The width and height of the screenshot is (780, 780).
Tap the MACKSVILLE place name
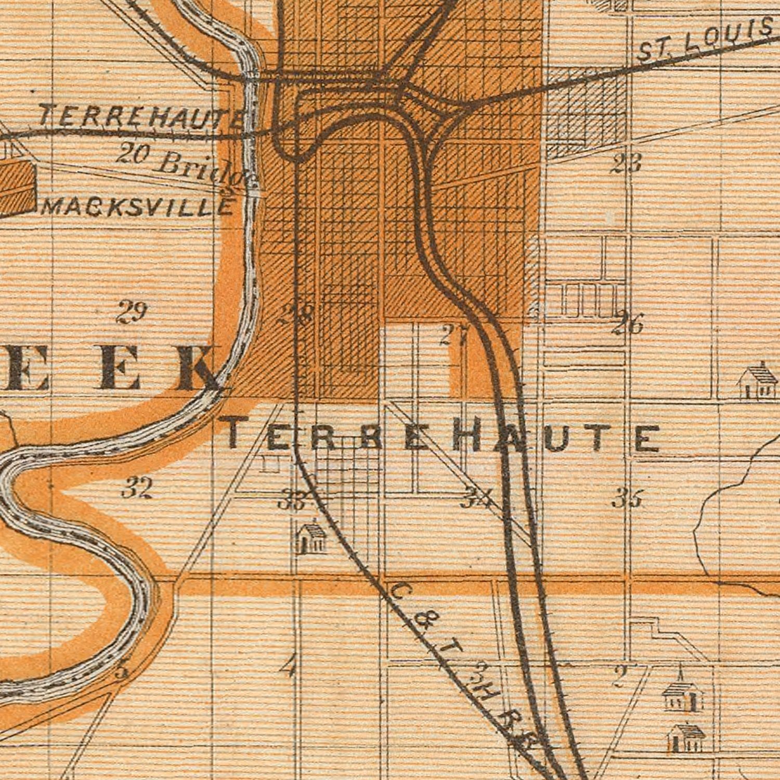[138, 207]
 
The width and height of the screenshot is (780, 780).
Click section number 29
[132, 312]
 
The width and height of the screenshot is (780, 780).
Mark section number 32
[137, 488]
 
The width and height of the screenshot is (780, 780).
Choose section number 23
[626, 164]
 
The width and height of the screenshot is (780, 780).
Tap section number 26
[628, 324]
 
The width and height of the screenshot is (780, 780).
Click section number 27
[454, 335]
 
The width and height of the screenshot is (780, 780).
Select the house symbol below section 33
[311, 539]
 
